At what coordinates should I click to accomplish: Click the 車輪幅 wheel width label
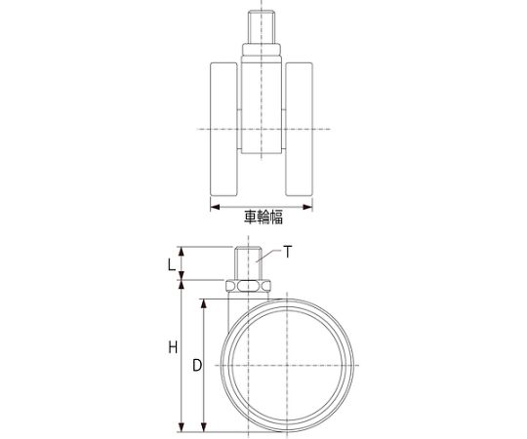click(263, 217)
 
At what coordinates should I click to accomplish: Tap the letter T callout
click(288, 252)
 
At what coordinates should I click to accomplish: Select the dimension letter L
click(172, 265)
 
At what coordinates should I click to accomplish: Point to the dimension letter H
click(173, 347)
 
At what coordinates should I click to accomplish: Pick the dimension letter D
click(197, 365)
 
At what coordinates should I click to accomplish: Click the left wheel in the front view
click(223, 129)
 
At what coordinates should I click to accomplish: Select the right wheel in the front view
click(300, 129)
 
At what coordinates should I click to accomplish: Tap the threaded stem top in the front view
click(262, 27)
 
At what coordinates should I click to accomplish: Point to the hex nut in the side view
click(248, 286)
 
